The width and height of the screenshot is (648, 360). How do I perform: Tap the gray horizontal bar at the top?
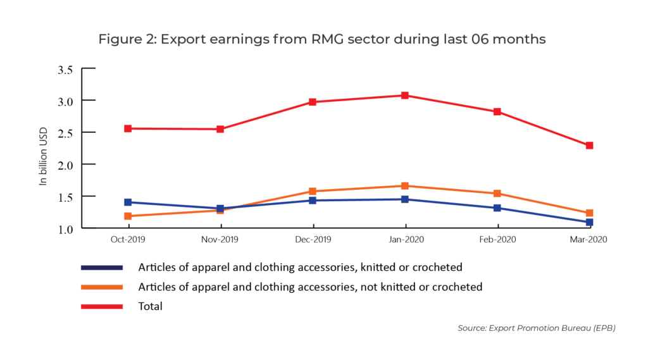324,40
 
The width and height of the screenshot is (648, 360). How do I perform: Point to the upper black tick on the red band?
89,100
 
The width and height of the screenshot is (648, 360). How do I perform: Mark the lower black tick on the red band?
89,132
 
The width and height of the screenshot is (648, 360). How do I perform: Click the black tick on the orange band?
89,196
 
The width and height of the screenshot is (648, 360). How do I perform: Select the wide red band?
365,120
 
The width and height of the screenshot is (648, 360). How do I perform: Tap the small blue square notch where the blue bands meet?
220,210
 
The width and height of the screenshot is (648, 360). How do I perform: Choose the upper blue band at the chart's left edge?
107,203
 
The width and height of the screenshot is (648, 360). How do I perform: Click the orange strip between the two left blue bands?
107,214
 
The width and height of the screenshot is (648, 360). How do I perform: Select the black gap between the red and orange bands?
365,166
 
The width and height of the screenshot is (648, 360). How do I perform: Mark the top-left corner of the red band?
84,92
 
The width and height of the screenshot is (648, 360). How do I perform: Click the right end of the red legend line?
122,306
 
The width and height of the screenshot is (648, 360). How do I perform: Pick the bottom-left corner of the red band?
84,149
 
